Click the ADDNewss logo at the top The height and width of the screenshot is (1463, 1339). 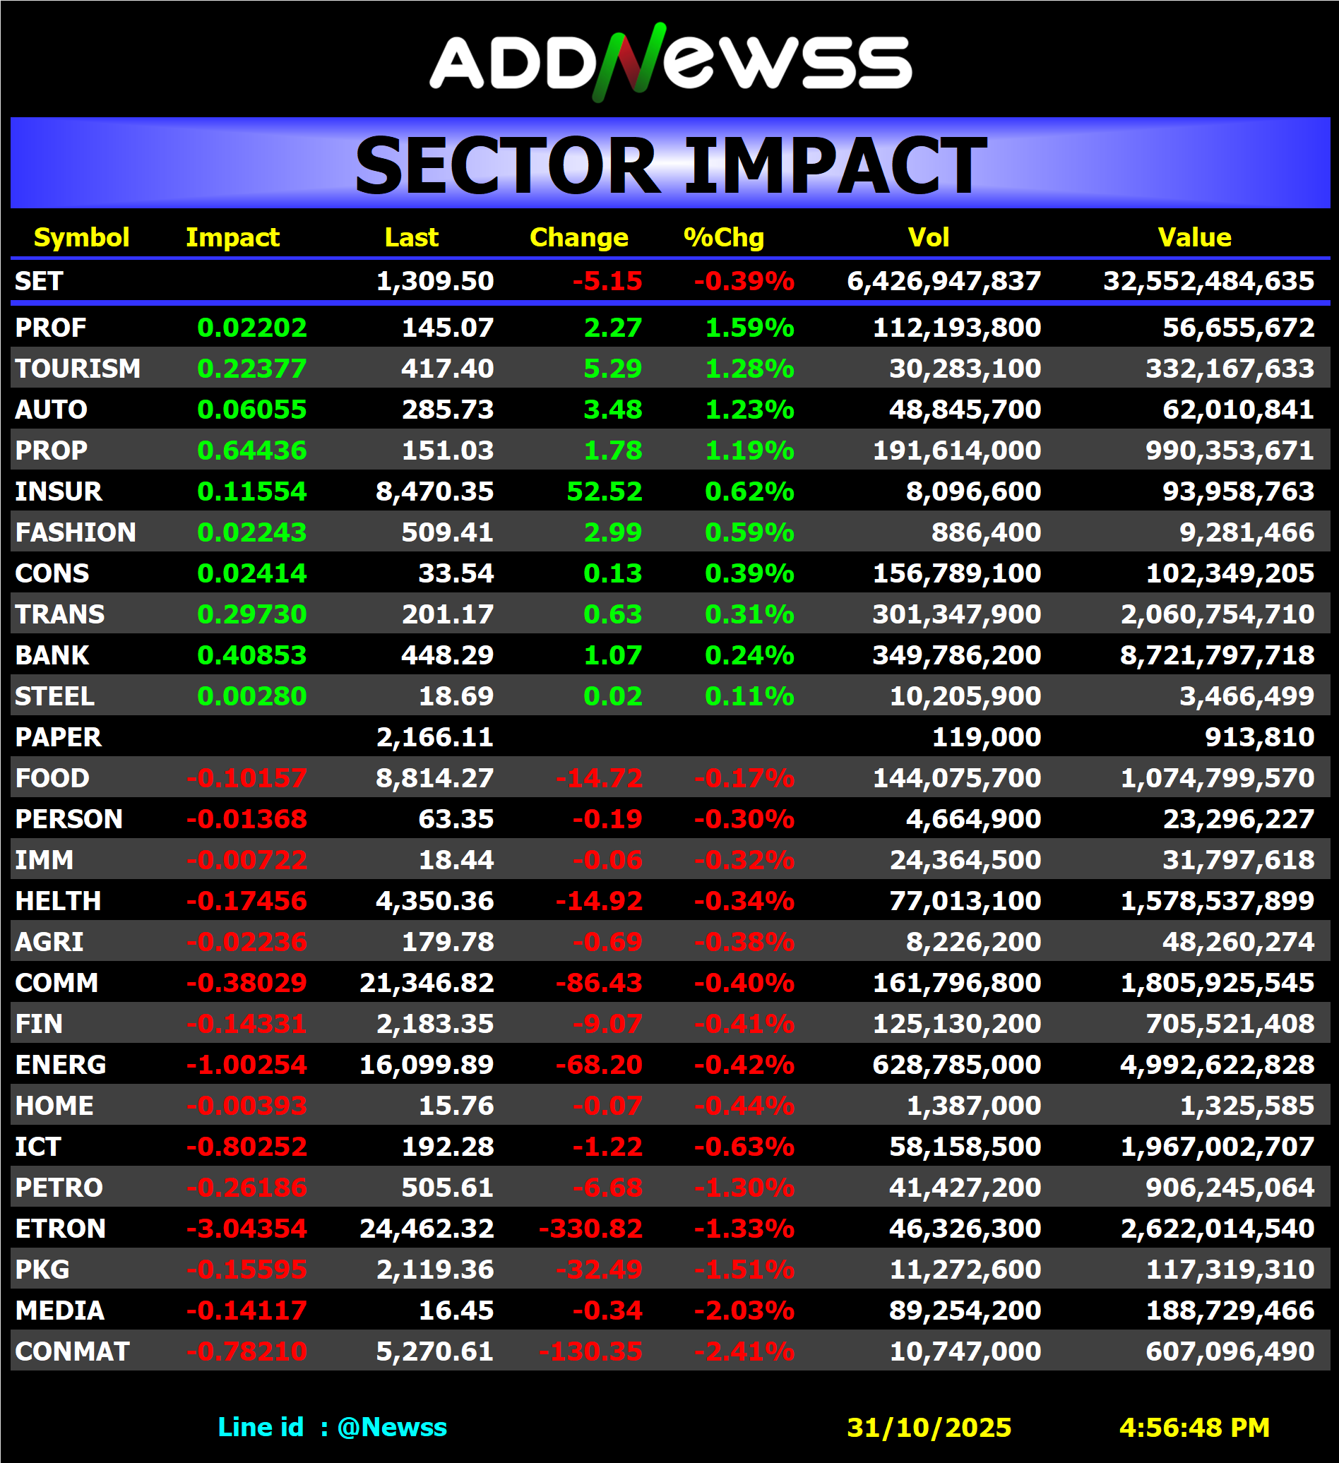671,61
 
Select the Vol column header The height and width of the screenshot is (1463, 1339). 928,237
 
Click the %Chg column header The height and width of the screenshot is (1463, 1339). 724,237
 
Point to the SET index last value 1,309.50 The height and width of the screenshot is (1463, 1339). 435,281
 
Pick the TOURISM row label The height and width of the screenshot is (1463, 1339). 78,369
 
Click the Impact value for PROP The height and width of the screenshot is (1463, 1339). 252,450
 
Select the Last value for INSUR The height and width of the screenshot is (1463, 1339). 435,491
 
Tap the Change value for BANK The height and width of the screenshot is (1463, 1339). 612,655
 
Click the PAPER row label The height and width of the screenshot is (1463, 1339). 58,737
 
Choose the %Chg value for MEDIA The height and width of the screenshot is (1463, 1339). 744,1310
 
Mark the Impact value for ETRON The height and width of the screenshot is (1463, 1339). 246,1229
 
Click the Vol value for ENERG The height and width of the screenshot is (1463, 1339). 956,1065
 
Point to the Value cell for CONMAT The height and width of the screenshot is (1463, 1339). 1230,1351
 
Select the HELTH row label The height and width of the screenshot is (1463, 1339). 58,901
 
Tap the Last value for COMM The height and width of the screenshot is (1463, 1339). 427,983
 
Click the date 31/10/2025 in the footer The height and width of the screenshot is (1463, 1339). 929,1428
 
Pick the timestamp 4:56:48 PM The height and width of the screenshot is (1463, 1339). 1194,1428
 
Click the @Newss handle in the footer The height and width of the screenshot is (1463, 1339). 392,1428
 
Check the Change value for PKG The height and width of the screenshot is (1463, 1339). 599,1270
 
